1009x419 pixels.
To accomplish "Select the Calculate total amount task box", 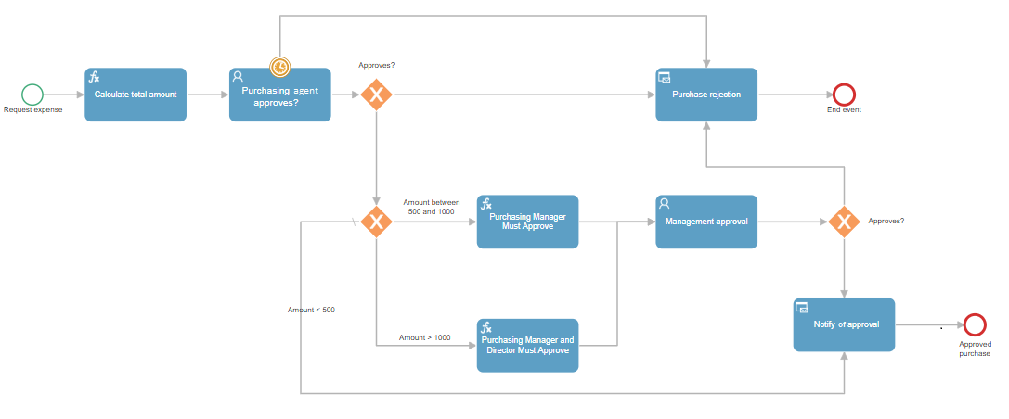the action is pyautogui.click(x=136, y=95).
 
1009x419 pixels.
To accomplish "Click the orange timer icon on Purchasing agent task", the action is pyautogui.click(x=280, y=66).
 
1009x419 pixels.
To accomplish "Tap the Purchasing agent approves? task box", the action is pyautogui.click(x=280, y=95).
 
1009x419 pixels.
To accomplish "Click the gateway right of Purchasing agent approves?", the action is pyautogui.click(x=377, y=95).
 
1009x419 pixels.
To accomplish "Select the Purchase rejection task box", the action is pyautogui.click(x=706, y=95).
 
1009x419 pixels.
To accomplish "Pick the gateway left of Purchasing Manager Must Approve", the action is pyautogui.click(x=377, y=222).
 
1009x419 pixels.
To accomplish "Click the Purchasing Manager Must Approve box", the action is pyautogui.click(x=527, y=222).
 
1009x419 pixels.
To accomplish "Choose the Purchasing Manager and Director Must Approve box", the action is pyautogui.click(x=527, y=345).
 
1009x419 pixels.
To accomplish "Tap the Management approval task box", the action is pyautogui.click(x=706, y=222).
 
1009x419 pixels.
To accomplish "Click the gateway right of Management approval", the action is pyautogui.click(x=844, y=222).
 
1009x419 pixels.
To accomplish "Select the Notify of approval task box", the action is pyautogui.click(x=844, y=324).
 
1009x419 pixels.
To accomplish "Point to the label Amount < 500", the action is pyautogui.click(x=312, y=310).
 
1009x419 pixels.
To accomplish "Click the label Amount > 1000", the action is pyautogui.click(x=425, y=337).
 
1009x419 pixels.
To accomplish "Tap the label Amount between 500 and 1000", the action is pyautogui.click(x=432, y=207).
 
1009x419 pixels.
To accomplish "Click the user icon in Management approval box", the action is pyautogui.click(x=665, y=204).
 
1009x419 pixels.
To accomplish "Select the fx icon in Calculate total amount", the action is pyautogui.click(x=94, y=77).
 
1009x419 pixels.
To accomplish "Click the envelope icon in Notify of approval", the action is pyautogui.click(x=802, y=307).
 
